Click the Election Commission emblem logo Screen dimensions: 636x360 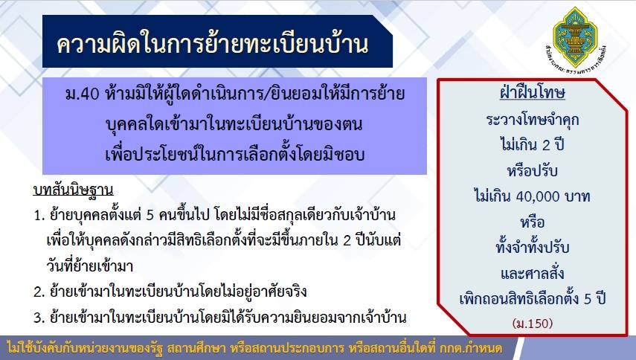click(x=575, y=39)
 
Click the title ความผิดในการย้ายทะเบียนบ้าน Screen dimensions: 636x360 click(x=213, y=44)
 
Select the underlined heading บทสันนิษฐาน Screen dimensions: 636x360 click(x=73, y=190)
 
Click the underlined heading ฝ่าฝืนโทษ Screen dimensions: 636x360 click(x=532, y=93)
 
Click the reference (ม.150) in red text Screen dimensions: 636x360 click(x=533, y=324)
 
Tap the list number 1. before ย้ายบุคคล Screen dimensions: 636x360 click(x=39, y=215)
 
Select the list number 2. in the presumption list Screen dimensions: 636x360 click(x=39, y=292)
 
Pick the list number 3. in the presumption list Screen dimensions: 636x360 click(x=39, y=317)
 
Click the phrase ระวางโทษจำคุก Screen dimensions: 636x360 click(x=532, y=120)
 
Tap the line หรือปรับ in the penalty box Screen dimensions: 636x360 click(x=532, y=170)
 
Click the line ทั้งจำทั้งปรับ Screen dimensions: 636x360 click(x=532, y=247)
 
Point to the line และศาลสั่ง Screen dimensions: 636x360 click(x=532, y=273)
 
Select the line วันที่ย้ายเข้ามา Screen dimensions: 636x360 click(x=90, y=266)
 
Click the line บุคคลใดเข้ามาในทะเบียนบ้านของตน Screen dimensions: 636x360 click(x=234, y=124)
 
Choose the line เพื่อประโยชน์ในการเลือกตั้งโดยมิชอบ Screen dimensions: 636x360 click(x=235, y=154)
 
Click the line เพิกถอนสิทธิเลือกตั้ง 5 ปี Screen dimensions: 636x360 click(x=532, y=299)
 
